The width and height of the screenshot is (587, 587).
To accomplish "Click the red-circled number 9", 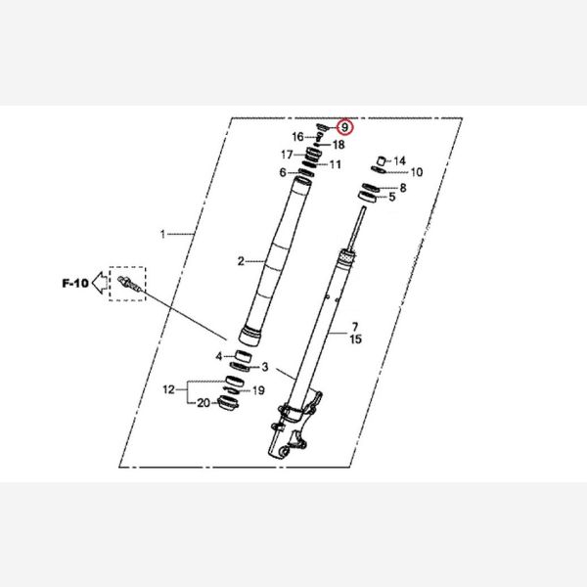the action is tap(344, 127).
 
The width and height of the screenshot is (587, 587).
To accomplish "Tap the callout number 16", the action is tap(298, 137).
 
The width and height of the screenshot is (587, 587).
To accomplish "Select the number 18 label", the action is tap(339, 145).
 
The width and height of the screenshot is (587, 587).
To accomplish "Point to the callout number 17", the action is tap(287, 155).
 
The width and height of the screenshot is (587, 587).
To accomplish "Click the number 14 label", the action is tap(399, 161).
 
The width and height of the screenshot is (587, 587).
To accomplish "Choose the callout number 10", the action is tap(417, 172).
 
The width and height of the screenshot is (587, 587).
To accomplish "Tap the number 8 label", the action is tap(403, 188).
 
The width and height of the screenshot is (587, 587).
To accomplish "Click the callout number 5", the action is tap(392, 197).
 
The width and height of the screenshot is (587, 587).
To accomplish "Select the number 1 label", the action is tap(162, 235).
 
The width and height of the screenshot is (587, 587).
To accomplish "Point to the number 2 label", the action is tap(241, 261).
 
